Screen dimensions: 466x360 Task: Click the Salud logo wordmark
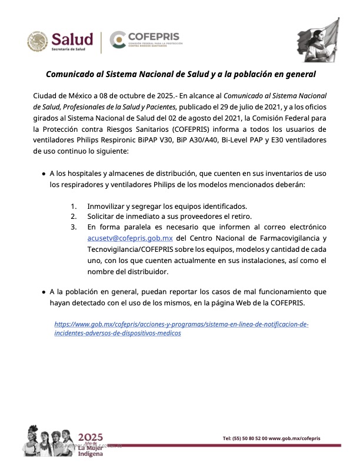coord(72,39)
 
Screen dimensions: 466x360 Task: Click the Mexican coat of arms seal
coord(37,41)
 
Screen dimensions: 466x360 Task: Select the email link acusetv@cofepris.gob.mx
coord(129,238)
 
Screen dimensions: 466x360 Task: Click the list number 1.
coord(74,207)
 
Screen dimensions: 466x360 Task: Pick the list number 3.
coord(74,227)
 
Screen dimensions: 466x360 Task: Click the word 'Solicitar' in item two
coord(104,217)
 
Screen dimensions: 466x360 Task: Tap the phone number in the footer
coord(245,438)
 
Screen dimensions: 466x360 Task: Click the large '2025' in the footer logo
coord(91,436)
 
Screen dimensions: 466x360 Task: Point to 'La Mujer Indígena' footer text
coord(91,450)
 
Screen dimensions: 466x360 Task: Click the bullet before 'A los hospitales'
coord(44,174)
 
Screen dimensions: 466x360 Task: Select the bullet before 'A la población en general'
coord(44,292)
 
